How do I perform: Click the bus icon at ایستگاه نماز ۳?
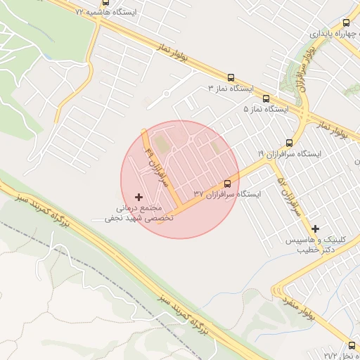[x=231, y=78]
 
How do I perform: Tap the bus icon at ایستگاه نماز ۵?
[x=266, y=98]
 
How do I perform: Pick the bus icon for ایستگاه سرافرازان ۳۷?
[x=226, y=182]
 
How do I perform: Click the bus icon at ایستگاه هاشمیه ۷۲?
[x=105, y=2]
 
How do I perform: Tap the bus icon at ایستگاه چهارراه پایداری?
[x=345, y=22]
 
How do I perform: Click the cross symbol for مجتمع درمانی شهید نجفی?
[x=138, y=197]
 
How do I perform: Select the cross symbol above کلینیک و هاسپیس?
[x=315, y=229]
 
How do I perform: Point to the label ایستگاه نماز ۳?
[x=231, y=89]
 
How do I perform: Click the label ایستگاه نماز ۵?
[x=266, y=110]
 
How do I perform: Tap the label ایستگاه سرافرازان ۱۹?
[x=290, y=153]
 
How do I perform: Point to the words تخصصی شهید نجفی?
[x=139, y=219]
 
